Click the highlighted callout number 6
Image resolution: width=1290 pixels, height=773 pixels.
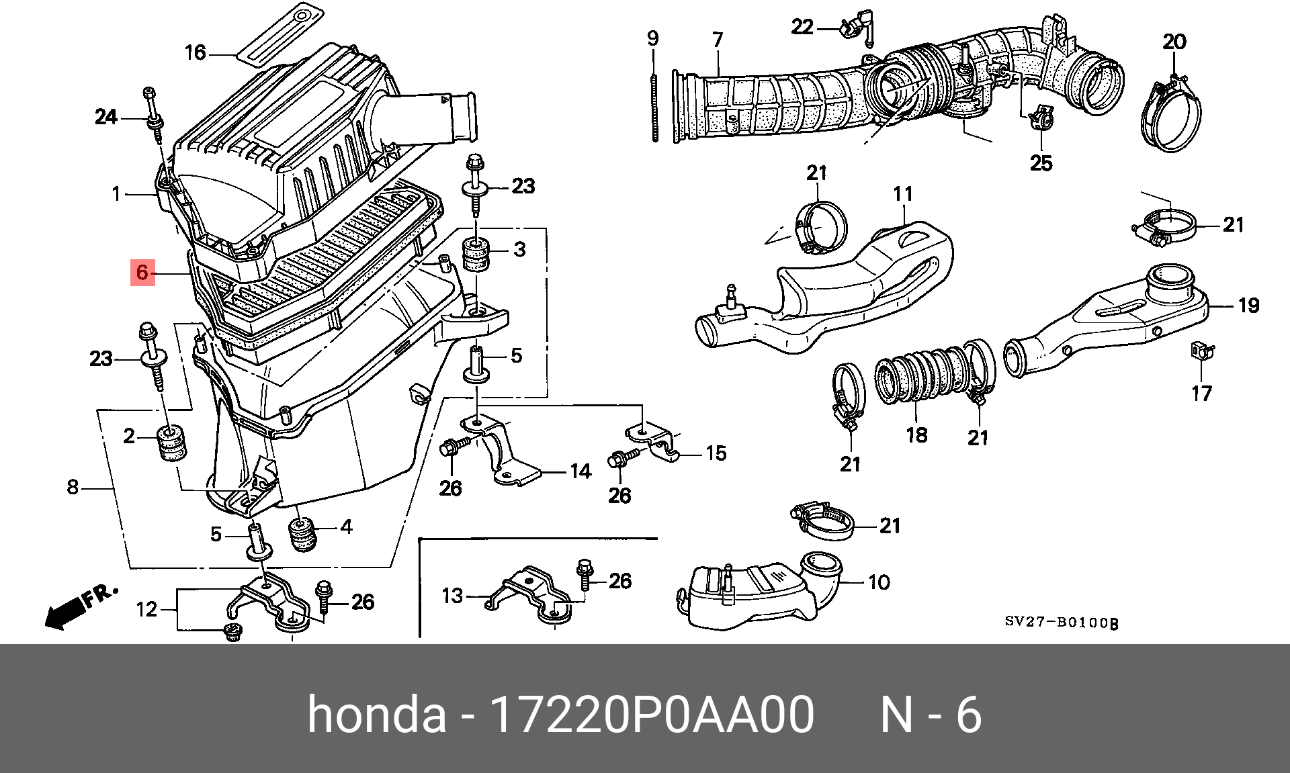click(x=142, y=273)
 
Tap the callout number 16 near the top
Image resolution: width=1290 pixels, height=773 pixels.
click(x=195, y=52)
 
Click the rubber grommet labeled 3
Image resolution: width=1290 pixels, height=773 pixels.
click(x=476, y=255)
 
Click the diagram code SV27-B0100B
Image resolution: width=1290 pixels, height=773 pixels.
click(x=1061, y=623)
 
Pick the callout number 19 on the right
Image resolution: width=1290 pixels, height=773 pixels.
click(x=1248, y=306)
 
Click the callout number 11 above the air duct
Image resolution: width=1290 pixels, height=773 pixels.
click(x=903, y=194)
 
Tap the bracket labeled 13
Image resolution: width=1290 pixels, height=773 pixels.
click(x=531, y=594)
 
